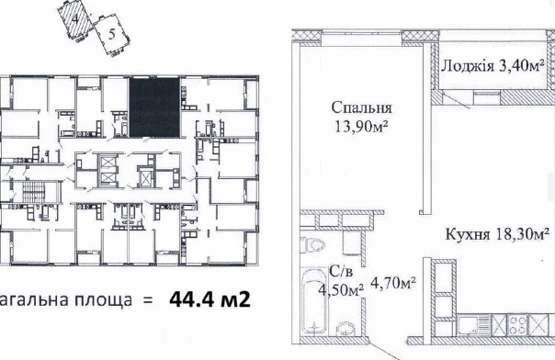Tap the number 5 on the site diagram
coord(111,36)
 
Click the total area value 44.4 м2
coord(210,298)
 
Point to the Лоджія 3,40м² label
coord(493,65)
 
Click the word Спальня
coord(357,107)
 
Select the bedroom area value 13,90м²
coord(357,126)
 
